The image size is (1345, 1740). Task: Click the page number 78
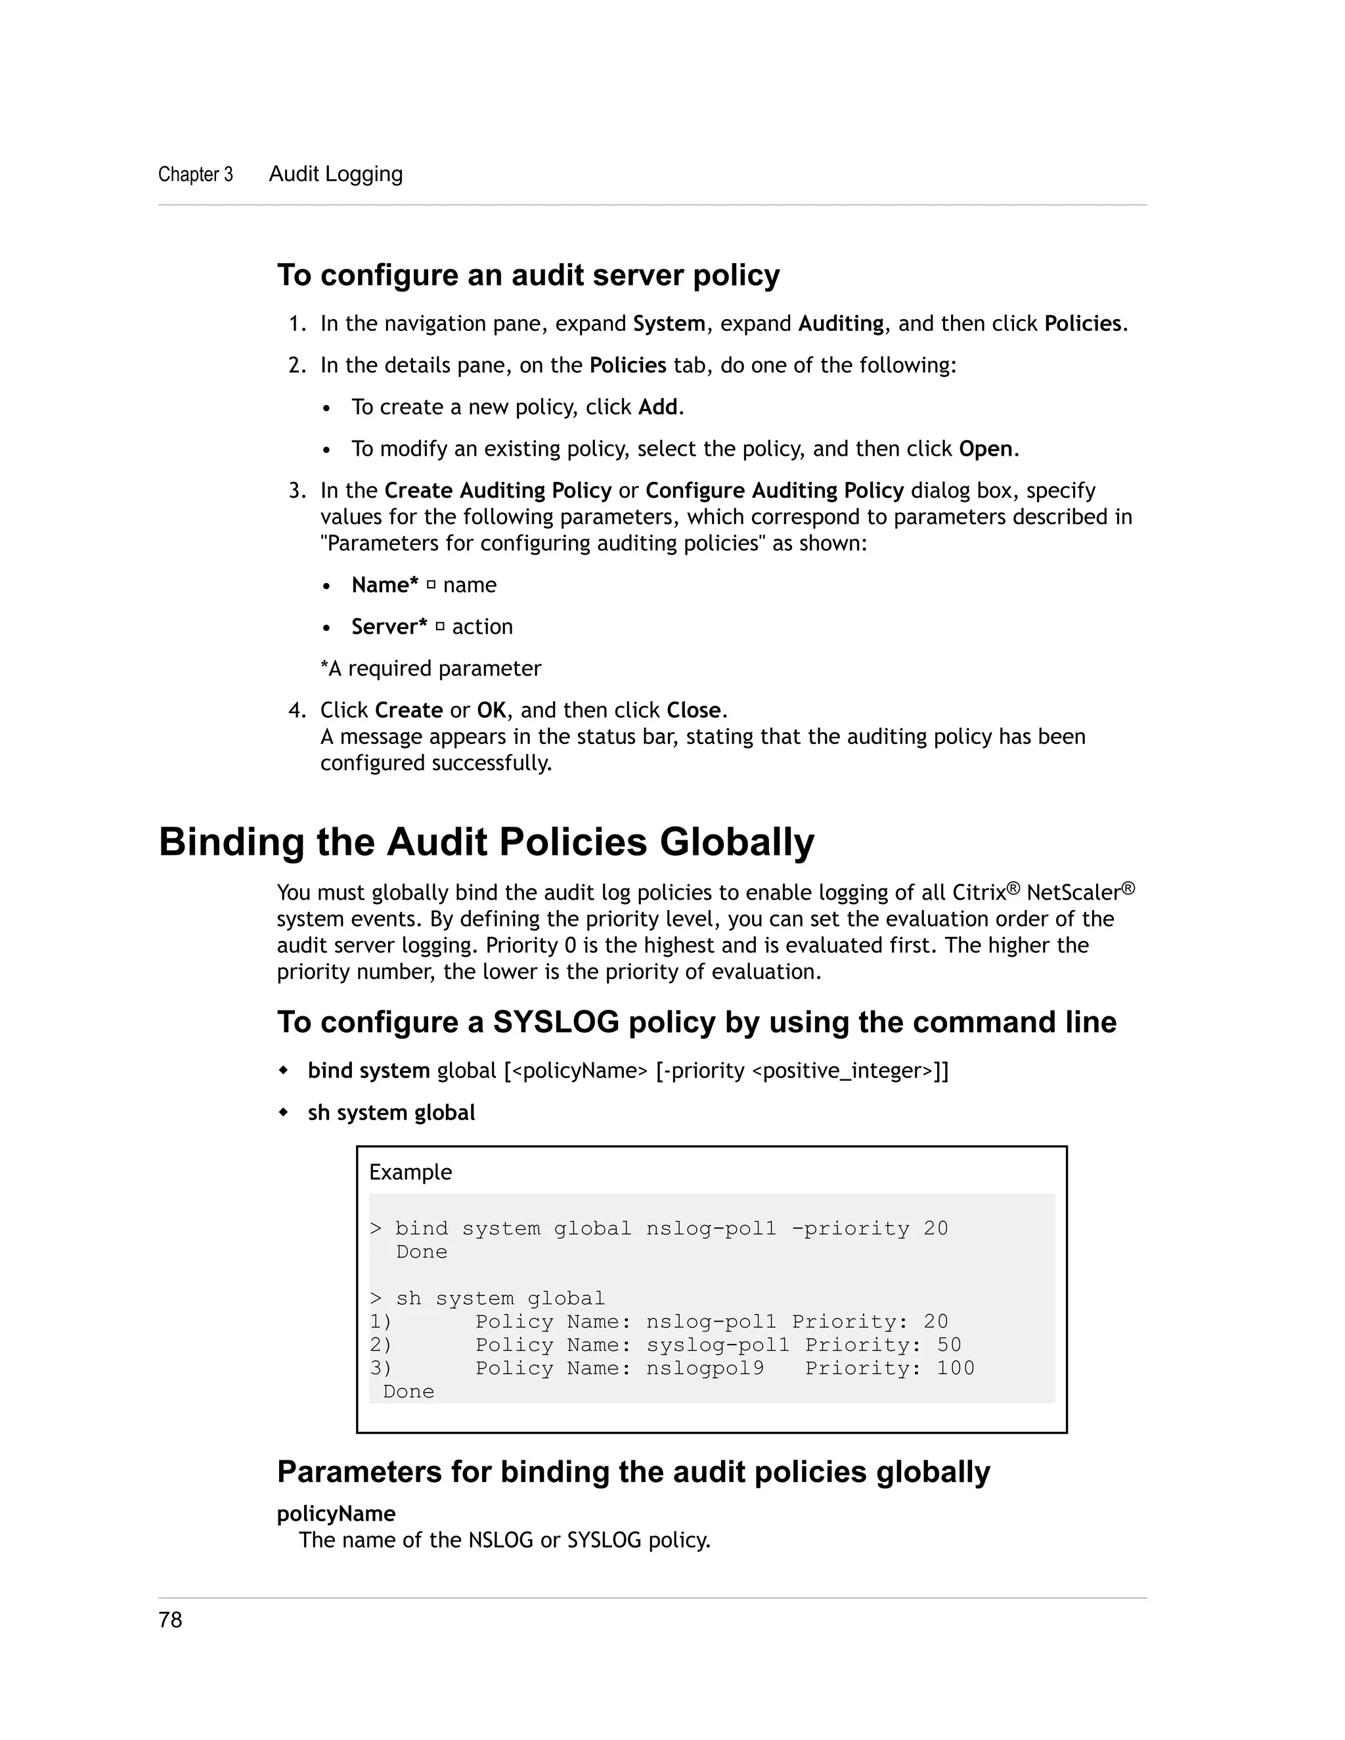tap(171, 1620)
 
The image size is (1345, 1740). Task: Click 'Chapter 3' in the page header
tap(195, 175)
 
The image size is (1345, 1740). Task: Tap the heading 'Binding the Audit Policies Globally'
tap(486, 842)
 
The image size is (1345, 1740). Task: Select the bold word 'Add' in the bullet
tap(657, 407)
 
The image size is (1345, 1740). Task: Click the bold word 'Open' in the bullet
tap(986, 448)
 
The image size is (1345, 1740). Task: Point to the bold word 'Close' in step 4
tap(694, 710)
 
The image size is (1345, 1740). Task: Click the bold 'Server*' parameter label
tap(389, 627)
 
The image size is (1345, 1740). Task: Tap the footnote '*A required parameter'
tap(430, 668)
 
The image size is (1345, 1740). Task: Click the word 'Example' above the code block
tap(410, 1172)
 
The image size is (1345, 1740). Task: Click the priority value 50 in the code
tap(949, 1345)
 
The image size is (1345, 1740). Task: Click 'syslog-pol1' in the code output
tap(717, 1345)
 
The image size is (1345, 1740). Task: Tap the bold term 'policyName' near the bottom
tap(336, 1513)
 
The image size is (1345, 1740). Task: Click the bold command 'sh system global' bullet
tap(391, 1113)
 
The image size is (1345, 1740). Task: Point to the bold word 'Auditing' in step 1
tap(841, 324)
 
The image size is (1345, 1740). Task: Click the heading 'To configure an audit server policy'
tap(528, 276)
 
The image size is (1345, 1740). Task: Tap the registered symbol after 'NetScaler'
tap(1128, 888)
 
